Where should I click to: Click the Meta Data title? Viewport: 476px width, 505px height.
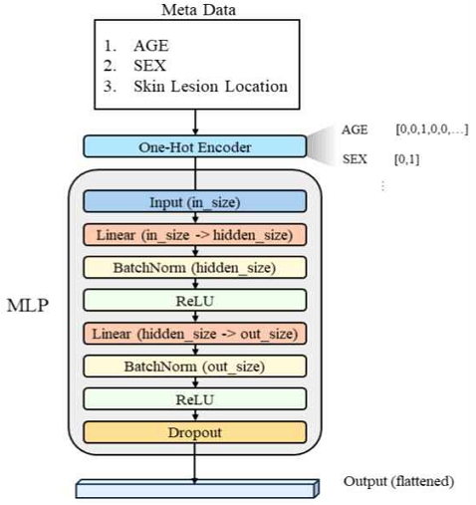(198, 10)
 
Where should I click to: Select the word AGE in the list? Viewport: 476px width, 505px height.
(151, 46)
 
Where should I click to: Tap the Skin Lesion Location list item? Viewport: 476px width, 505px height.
(210, 87)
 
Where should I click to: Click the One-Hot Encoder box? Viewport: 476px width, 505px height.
(195, 146)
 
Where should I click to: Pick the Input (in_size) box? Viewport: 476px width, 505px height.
(195, 201)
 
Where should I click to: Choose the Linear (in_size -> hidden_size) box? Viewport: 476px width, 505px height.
(195, 235)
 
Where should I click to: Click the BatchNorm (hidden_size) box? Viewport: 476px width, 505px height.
(195, 267)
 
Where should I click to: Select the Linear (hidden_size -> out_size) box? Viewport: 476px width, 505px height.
(195, 334)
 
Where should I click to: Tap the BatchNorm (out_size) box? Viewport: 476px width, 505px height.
(195, 367)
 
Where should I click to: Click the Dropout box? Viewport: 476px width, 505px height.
(195, 432)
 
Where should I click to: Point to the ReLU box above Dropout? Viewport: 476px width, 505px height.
(195, 399)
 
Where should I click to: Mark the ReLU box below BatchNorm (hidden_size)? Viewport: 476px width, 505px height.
(195, 301)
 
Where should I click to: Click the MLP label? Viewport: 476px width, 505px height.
(28, 305)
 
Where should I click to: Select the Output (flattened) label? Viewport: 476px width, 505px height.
(398, 481)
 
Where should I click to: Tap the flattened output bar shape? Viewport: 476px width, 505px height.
(197, 489)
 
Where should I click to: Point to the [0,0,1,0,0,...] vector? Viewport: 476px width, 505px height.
(432, 129)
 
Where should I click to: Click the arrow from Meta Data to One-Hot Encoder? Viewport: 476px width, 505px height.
(195, 123)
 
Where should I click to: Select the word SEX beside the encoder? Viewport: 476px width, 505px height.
(355, 159)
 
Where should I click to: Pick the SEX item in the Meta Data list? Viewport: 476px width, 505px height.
(149, 66)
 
